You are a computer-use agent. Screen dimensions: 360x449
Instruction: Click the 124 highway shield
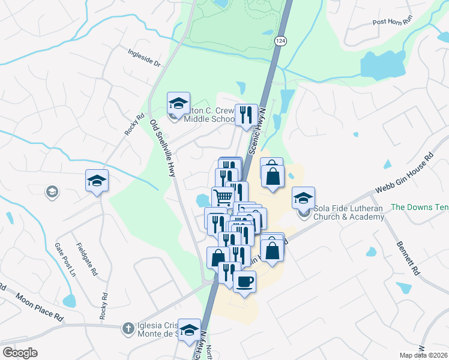(280, 40)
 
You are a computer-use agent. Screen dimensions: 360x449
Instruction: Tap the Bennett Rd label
(408, 257)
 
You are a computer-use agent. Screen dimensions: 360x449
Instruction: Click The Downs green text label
(419, 207)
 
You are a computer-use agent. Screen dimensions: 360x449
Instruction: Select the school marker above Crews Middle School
(178, 103)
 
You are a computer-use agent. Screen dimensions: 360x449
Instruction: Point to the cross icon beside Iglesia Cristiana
(127, 328)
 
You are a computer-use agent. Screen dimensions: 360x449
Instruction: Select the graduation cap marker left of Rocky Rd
(96, 181)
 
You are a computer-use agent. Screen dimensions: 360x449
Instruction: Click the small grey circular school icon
(52, 192)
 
